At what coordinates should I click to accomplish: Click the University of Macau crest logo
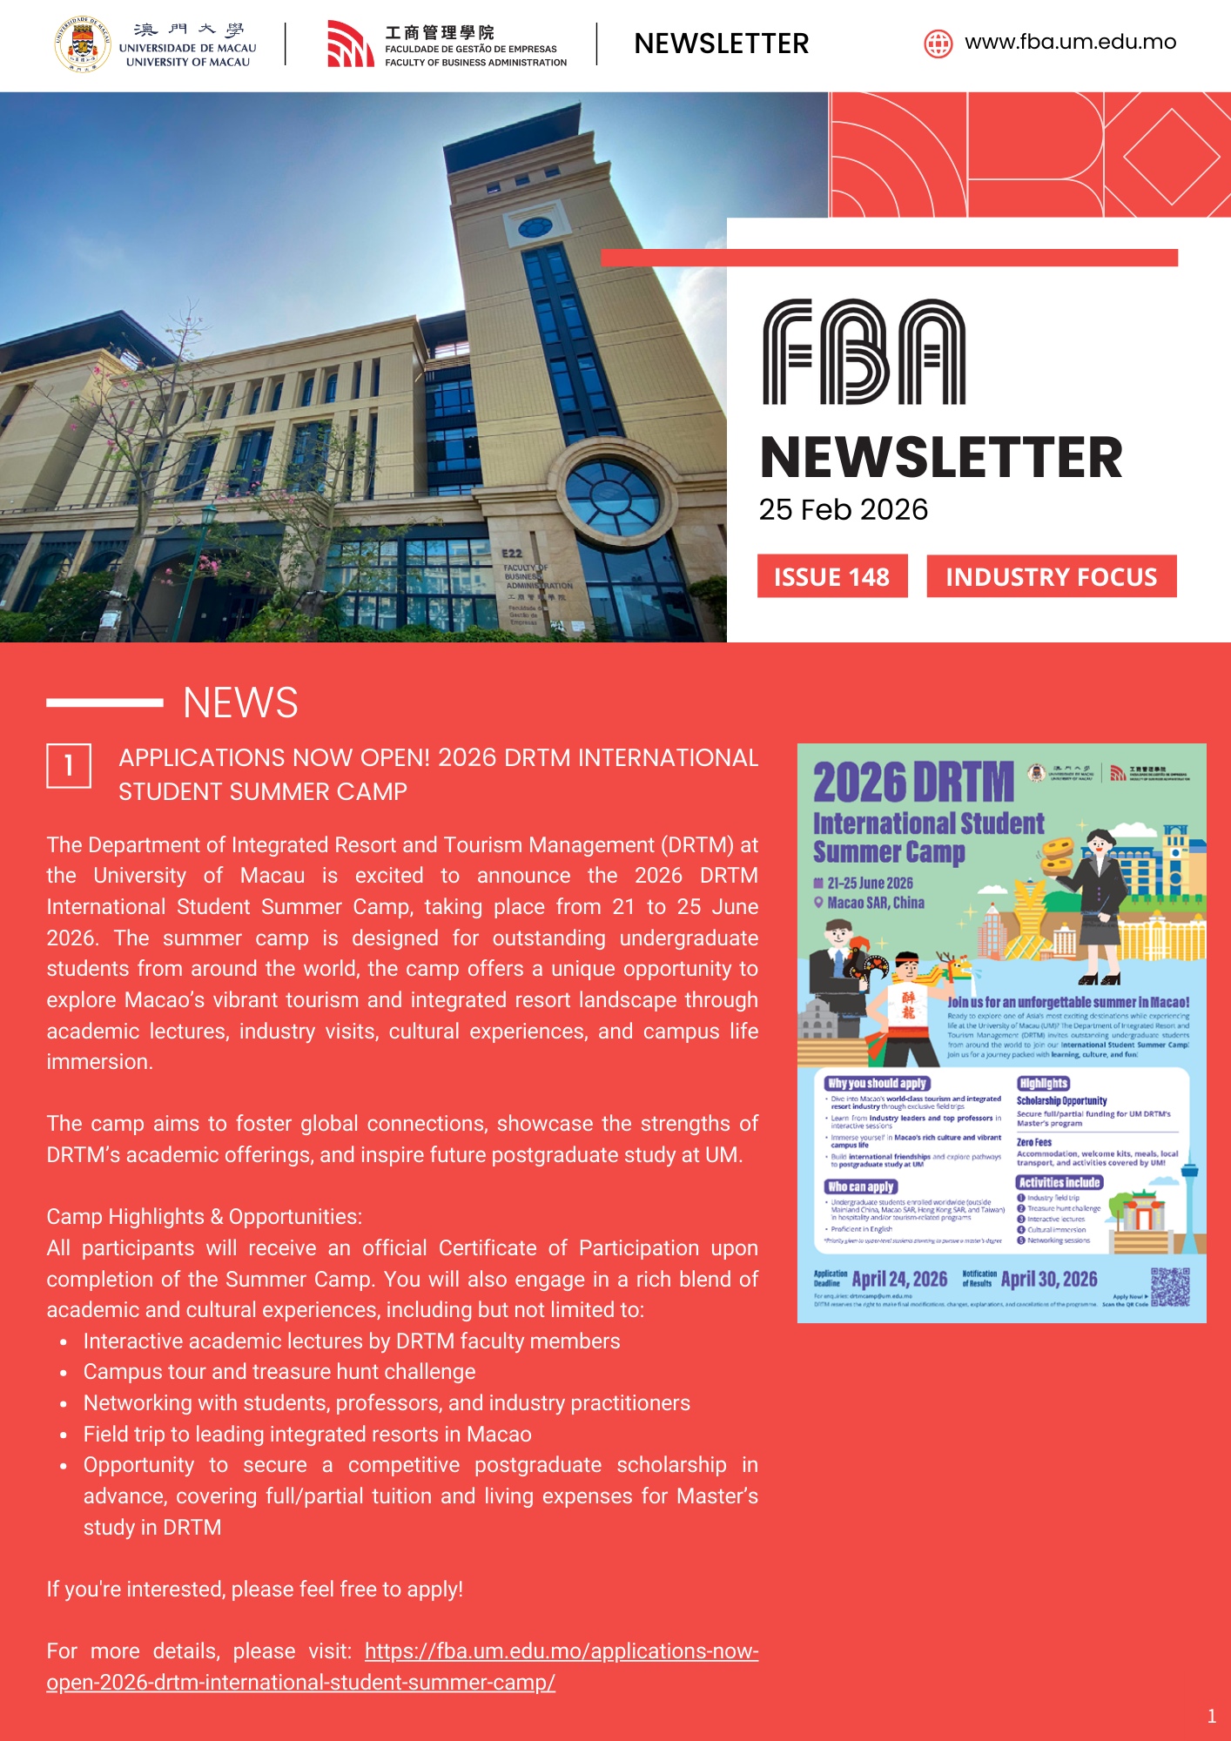[x=83, y=44]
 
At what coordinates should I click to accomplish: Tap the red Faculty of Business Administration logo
[x=350, y=44]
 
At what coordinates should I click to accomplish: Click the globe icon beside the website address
[x=938, y=43]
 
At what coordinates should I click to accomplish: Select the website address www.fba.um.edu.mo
[x=1070, y=42]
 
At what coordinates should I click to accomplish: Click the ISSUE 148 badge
[x=832, y=576]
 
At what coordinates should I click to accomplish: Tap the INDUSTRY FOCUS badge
[x=1051, y=576]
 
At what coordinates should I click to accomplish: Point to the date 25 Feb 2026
[x=843, y=509]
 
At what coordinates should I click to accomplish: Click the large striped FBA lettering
[x=864, y=352]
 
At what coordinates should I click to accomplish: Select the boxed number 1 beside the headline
[x=69, y=766]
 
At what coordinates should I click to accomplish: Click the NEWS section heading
[x=240, y=702]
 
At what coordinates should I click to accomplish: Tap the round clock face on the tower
[x=535, y=228]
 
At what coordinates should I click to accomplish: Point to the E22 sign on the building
[x=512, y=554]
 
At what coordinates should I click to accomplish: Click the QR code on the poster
[x=1170, y=1287]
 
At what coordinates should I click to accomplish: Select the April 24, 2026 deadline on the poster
[x=899, y=1279]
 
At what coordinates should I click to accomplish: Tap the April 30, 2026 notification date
[x=1049, y=1279]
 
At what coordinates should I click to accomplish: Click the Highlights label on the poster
[x=1043, y=1083]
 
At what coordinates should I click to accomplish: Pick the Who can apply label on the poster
[x=861, y=1186]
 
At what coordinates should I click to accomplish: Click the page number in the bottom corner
[x=1212, y=1716]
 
